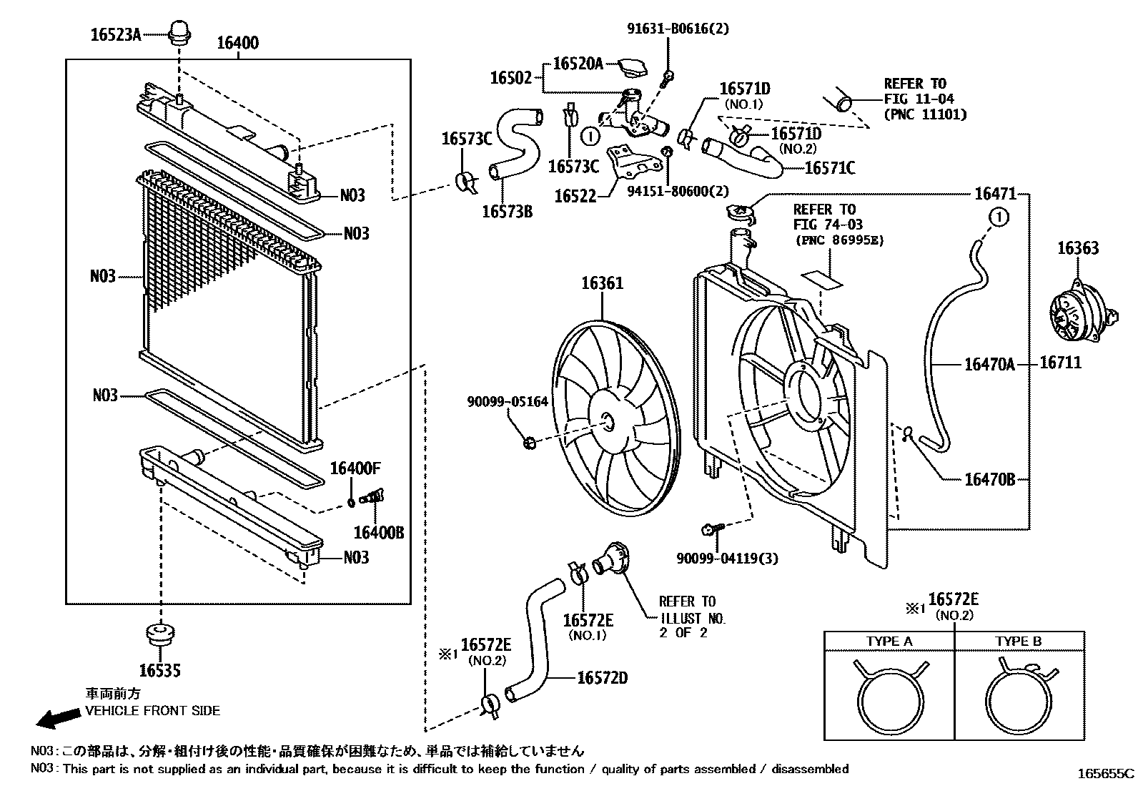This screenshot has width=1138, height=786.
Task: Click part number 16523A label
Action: (x=115, y=34)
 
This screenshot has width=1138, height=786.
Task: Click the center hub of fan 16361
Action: (x=608, y=422)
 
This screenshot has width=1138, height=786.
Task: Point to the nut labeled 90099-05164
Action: (x=530, y=443)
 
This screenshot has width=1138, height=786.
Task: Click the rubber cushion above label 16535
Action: (x=160, y=635)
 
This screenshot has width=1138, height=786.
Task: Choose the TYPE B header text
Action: (x=1018, y=642)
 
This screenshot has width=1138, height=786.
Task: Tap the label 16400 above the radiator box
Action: (x=238, y=43)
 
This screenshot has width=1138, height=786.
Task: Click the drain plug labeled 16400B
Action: (x=372, y=496)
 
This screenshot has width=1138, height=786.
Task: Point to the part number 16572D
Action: (x=602, y=677)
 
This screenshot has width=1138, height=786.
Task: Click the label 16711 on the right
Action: (x=1060, y=363)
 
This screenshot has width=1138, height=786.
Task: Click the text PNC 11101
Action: (x=925, y=114)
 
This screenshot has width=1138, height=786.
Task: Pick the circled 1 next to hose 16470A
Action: (x=999, y=216)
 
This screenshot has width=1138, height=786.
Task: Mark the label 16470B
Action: (x=989, y=480)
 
